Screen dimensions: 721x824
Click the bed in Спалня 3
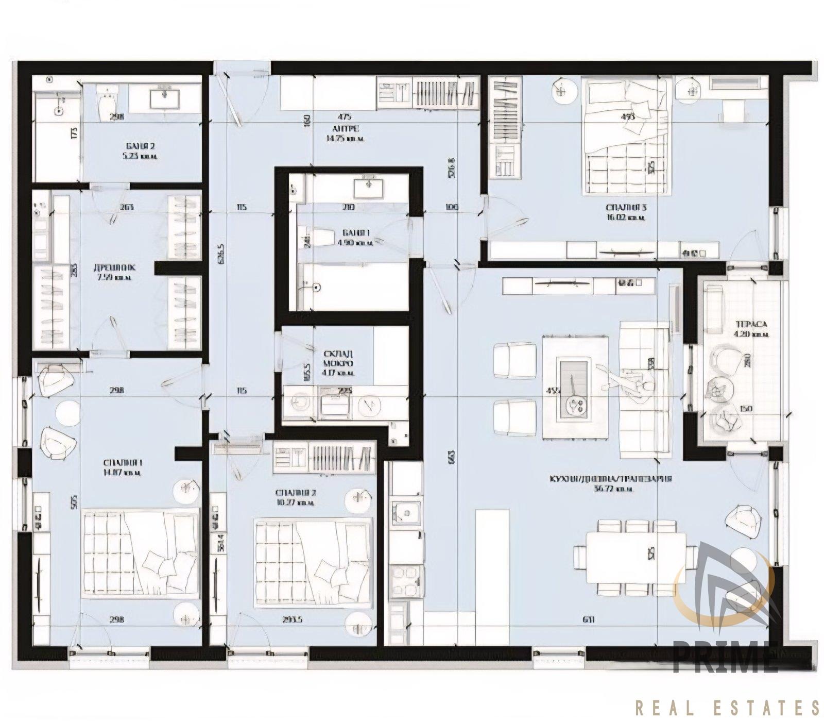[627, 137]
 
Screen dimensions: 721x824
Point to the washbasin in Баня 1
[369, 188]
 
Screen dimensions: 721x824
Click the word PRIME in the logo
[725, 657]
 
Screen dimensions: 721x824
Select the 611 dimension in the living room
[589, 620]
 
